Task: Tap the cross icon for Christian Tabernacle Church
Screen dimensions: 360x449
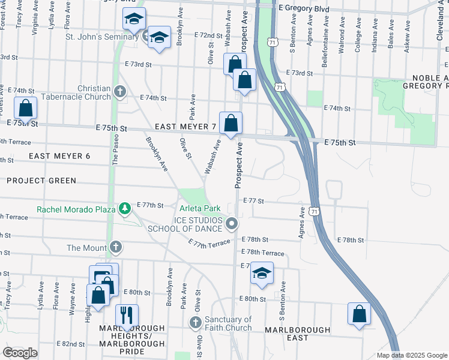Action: [x=119, y=92]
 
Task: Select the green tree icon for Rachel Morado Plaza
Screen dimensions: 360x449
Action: [x=125, y=209]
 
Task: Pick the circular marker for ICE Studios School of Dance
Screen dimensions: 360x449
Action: [x=232, y=224]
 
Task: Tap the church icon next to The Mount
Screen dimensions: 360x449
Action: [x=116, y=247]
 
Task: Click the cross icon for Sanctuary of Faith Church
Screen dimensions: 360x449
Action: [x=195, y=323]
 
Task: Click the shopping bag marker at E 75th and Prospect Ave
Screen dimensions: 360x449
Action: [x=231, y=124]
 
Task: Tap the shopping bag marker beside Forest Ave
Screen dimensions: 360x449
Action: [x=26, y=109]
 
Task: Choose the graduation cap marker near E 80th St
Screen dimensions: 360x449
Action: [x=261, y=273]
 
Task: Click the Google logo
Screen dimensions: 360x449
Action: [x=20, y=353]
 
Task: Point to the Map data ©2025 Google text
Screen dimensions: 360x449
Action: [x=412, y=355]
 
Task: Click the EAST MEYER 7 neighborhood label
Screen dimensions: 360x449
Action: [x=185, y=127]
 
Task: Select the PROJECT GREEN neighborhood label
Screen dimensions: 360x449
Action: [x=42, y=181]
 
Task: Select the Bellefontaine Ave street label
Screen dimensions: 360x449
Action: [x=326, y=37]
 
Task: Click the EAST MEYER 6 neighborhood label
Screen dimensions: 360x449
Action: [x=59, y=156]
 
